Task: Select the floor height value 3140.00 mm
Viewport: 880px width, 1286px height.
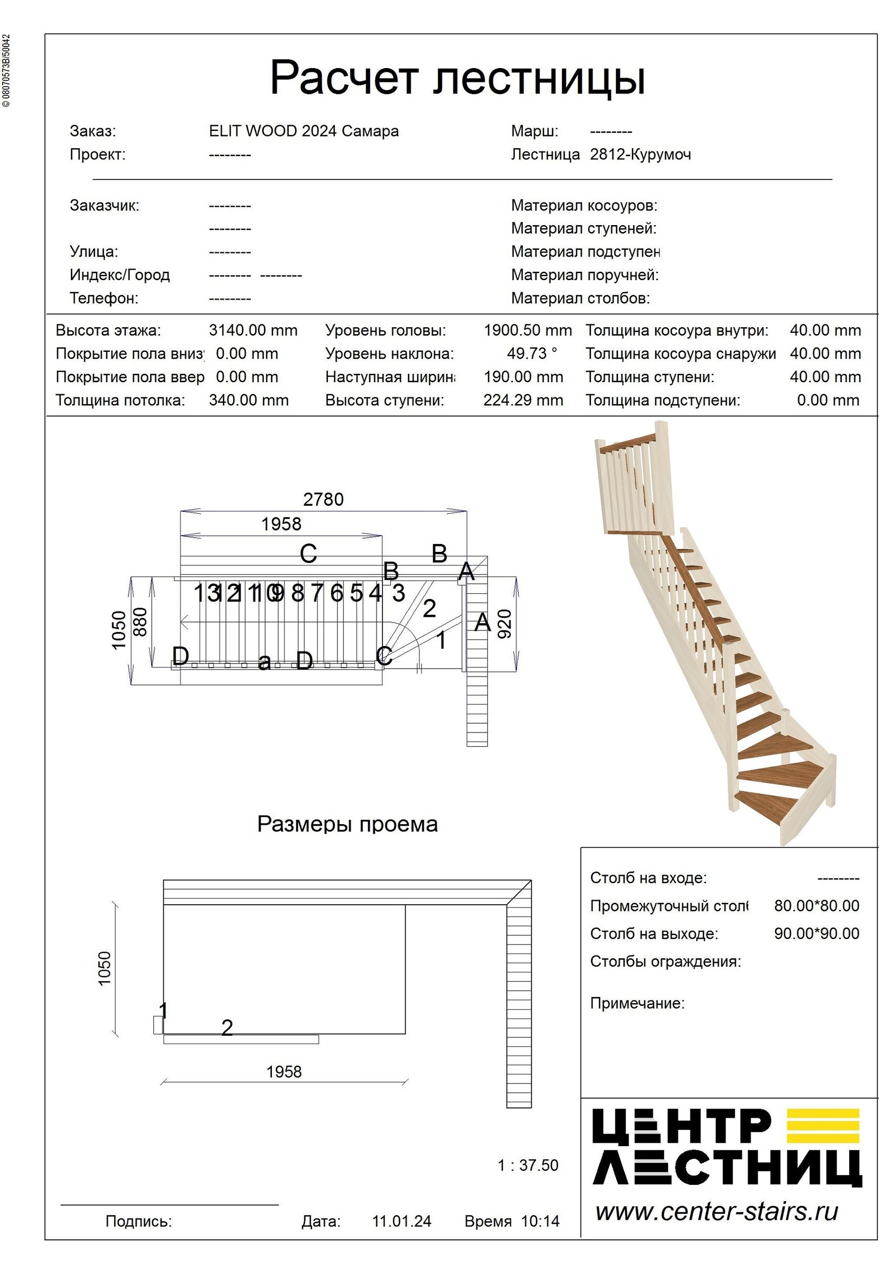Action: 253,330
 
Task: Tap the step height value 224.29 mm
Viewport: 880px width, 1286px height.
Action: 523,400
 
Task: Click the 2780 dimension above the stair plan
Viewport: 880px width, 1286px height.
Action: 323,499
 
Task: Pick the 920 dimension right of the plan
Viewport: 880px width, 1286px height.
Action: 505,624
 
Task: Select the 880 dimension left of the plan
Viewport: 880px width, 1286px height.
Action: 140,622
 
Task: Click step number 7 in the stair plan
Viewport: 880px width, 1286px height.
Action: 316,593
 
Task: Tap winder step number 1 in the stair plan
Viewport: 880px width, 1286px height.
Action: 441,640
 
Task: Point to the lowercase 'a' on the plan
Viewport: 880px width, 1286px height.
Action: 265,661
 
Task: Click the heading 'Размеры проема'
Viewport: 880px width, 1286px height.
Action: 348,824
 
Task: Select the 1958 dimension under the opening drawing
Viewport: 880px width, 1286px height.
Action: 284,1072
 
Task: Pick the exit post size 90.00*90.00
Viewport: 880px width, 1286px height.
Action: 816,934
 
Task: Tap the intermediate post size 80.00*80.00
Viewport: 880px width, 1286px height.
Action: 816,906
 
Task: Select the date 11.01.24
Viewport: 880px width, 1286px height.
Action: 402,1221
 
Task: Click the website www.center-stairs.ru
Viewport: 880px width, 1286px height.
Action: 717,1211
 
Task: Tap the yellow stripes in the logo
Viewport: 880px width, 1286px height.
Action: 822,1126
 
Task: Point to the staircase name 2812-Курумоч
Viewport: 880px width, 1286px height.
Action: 640,154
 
